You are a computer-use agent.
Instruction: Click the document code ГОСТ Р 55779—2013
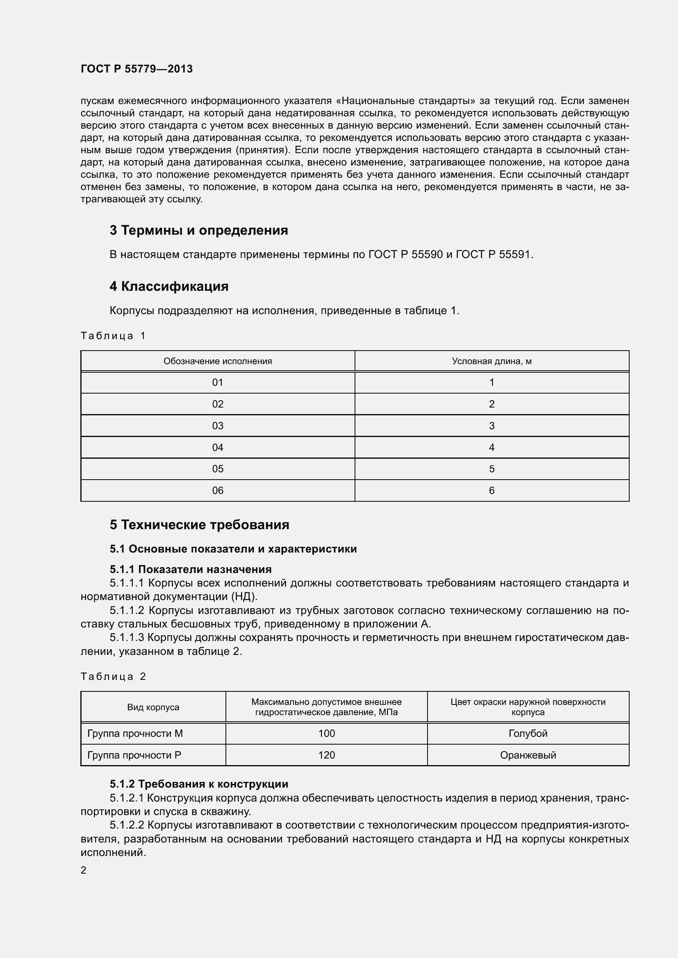point(137,69)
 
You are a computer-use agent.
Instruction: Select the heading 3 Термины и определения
point(199,230)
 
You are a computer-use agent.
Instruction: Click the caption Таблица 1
point(113,335)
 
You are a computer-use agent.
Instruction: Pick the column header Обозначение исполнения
point(218,361)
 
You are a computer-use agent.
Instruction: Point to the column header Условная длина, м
point(491,361)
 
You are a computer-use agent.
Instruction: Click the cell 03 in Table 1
point(218,426)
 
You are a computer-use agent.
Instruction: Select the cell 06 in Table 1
point(218,490)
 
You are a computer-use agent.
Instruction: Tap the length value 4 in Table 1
point(491,447)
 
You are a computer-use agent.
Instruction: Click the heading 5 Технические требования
point(199,525)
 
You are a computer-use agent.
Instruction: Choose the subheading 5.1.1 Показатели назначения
point(190,569)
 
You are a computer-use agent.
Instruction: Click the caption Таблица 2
point(113,676)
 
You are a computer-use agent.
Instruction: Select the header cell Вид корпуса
point(153,707)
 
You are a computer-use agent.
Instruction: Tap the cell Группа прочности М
point(135,733)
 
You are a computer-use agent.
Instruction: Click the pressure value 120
point(326,755)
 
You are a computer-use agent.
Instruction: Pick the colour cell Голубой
point(528,733)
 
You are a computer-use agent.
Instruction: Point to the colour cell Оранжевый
point(528,755)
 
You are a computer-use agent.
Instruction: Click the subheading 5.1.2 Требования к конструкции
point(199,784)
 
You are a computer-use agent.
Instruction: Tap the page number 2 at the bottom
point(84,870)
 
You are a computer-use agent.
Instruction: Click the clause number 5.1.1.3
point(127,638)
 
